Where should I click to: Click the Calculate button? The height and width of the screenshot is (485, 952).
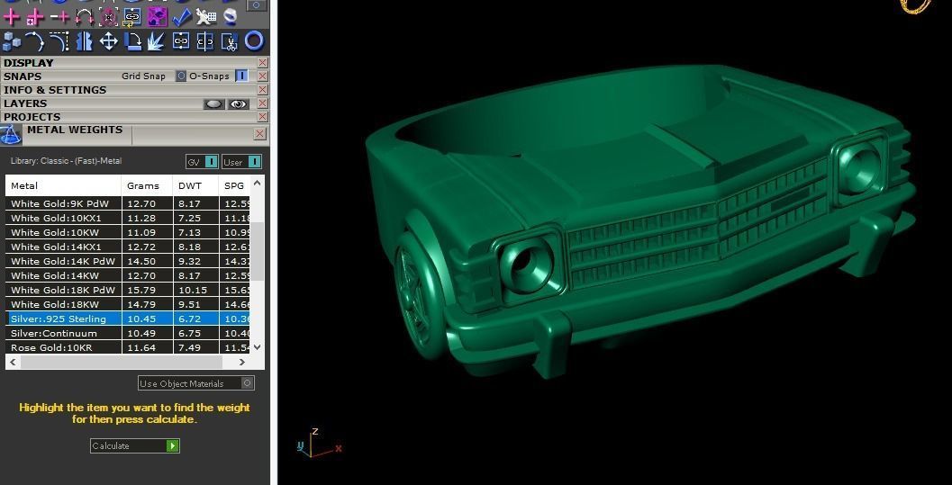[134, 445]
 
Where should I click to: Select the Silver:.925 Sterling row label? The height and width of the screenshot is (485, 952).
[59, 319]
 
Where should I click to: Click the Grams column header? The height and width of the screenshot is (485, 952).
[143, 185]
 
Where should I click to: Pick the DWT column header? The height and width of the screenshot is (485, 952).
[190, 185]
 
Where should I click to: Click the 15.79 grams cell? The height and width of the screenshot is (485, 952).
[142, 290]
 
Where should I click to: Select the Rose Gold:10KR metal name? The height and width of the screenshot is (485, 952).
[51, 347]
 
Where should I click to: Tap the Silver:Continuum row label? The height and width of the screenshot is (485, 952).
[53, 333]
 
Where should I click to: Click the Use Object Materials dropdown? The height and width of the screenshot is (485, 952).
[195, 383]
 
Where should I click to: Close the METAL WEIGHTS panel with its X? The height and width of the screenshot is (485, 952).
[259, 134]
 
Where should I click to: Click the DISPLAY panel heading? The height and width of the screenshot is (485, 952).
[29, 63]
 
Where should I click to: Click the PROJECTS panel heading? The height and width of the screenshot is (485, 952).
[32, 117]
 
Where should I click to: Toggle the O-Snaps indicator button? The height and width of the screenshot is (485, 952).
[241, 76]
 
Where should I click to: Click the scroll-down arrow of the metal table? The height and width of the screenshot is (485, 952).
[258, 346]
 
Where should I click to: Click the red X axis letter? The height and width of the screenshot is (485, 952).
[339, 448]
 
